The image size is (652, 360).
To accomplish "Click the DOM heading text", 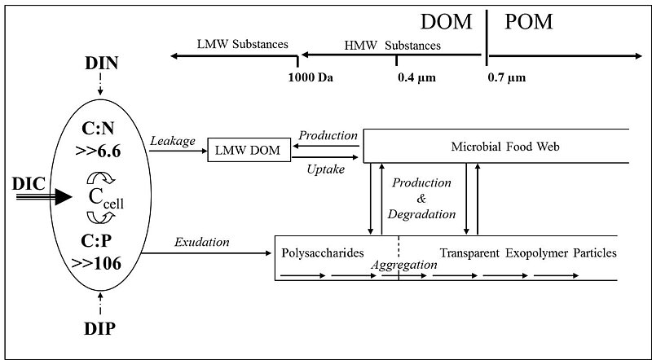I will coord(447,22).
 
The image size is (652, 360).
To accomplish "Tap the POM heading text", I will coord(528,22).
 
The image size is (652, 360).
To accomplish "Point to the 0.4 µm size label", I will coord(412,78).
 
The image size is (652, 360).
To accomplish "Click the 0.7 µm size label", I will coord(506,78).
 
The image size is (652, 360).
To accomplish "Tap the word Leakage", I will coord(173,141).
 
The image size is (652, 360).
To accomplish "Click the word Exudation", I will coord(201,242).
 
